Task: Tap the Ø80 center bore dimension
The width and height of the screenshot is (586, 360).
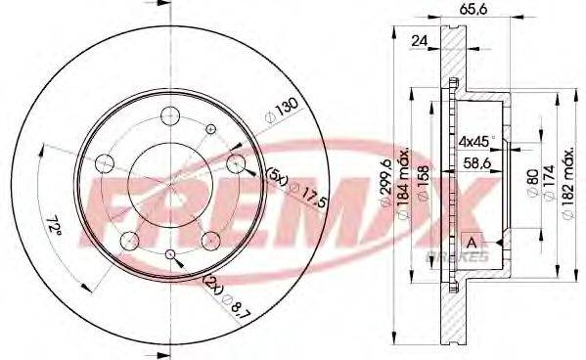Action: (530, 182)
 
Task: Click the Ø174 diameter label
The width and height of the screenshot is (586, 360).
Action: (545, 182)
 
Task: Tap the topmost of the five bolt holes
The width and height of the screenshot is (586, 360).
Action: (168, 113)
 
